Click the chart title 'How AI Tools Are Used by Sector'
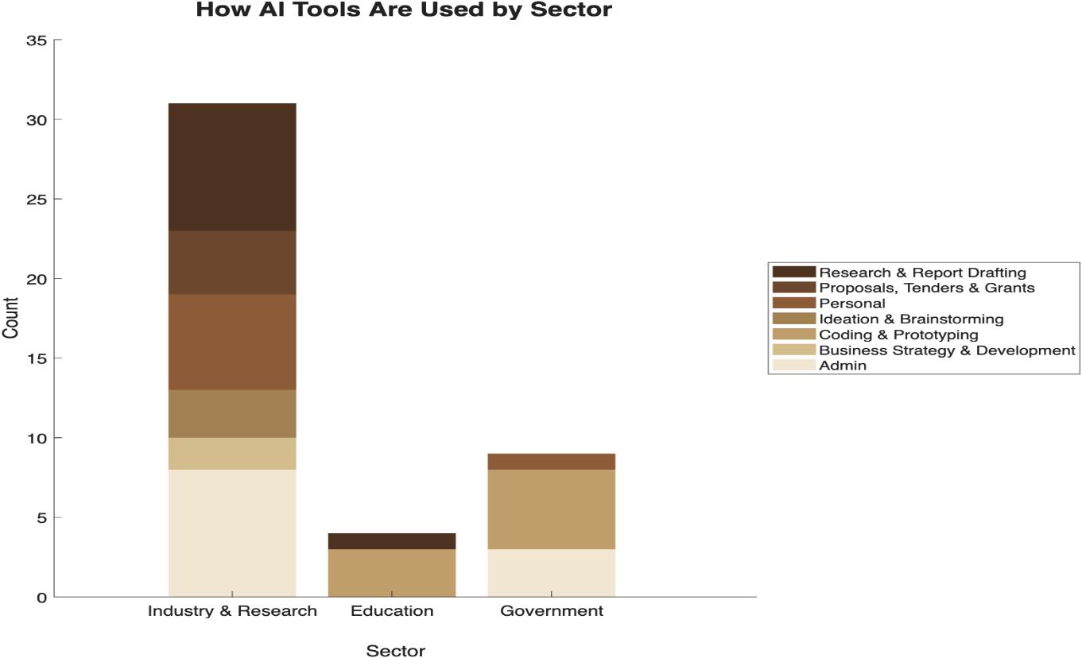[404, 10]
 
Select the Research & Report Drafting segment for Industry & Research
[232, 167]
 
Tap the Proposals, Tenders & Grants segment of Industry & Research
[232, 262]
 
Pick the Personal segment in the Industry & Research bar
[232, 343]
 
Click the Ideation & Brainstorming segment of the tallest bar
[232, 414]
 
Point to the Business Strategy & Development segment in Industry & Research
[232, 454]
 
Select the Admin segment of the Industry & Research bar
[232, 533]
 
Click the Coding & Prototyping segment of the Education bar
[392, 573]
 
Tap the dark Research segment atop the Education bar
[392, 541]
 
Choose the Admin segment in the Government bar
[552, 573]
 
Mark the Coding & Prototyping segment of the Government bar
[552, 509]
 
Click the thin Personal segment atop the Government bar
[552, 462]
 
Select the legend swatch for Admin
[793, 365]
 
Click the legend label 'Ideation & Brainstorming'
[911, 319]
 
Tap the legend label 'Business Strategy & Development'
[947, 350]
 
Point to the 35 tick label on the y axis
[37, 41]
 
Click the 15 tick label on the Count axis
[37, 358]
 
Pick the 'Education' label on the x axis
[392, 610]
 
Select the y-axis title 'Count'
[10, 318]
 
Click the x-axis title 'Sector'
[396, 650]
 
